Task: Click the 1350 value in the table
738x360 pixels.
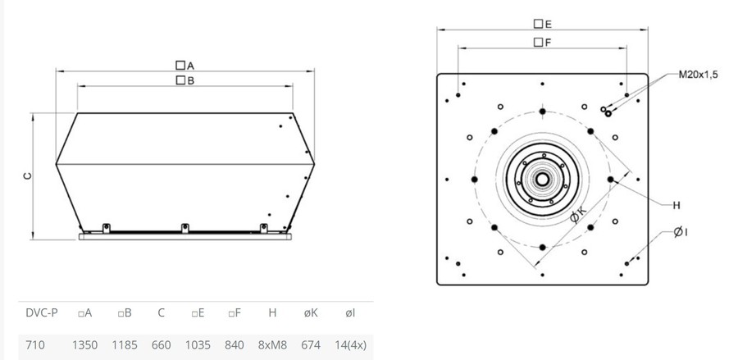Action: [84, 345]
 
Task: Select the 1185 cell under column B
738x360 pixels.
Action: [125, 345]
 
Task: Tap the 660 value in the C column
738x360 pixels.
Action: [161, 345]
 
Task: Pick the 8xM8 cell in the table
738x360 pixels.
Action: [272, 345]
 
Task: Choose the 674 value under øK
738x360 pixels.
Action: [311, 345]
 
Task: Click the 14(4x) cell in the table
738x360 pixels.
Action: [350, 345]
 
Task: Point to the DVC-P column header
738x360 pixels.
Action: [42, 313]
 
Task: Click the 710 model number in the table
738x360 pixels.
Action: [35, 345]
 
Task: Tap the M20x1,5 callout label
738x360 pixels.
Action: [698, 75]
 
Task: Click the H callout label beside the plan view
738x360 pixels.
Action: [676, 205]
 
